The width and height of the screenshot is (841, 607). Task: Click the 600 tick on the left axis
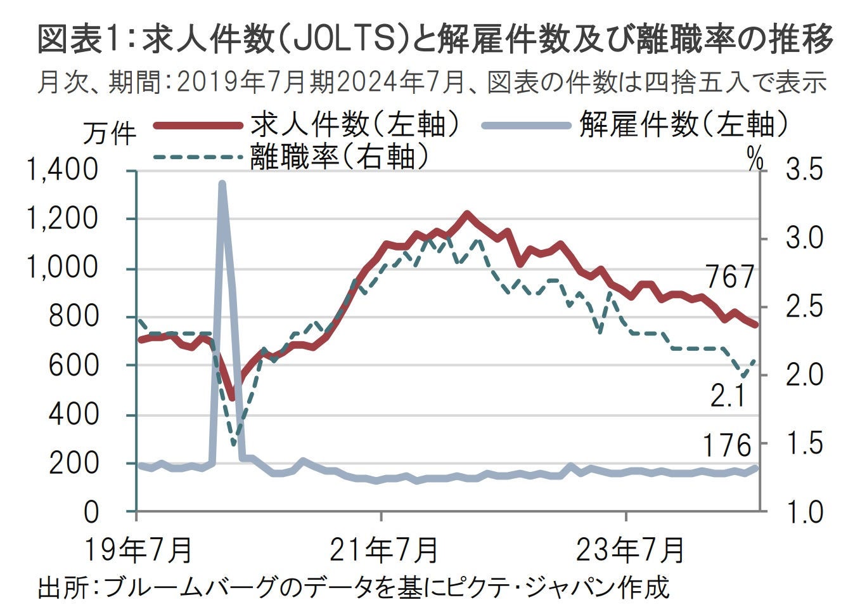coord(74,366)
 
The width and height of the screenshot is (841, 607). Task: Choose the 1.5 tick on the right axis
coord(804,443)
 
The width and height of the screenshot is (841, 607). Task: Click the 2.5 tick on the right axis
coord(804,307)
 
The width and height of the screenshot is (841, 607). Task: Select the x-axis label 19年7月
coord(138,549)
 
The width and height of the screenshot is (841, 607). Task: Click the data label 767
coord(730,277)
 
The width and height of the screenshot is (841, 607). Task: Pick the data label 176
coord(727,446)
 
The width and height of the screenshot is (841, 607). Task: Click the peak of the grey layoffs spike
coord(222,183)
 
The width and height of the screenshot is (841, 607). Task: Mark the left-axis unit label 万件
coord(109,134)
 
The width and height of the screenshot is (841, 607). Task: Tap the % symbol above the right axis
coord(755,160)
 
